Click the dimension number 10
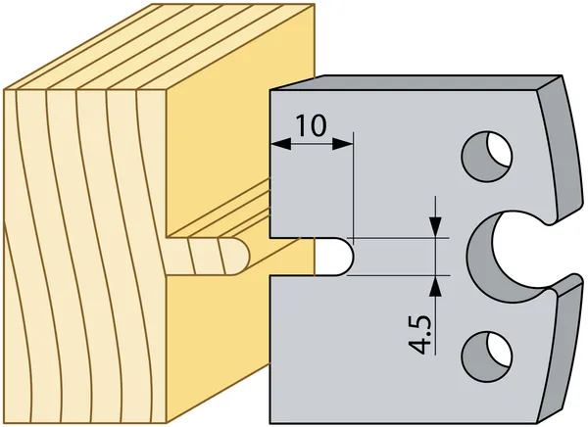point(311,125)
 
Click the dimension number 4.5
point(419,335)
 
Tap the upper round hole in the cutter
point(487,157)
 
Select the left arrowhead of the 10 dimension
point(280,144)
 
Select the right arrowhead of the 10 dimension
point(342,144)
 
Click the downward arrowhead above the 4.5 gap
point(435,226)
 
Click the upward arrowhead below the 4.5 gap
point(435,287)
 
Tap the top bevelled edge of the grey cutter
point(416,83)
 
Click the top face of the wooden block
point(158,47)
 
